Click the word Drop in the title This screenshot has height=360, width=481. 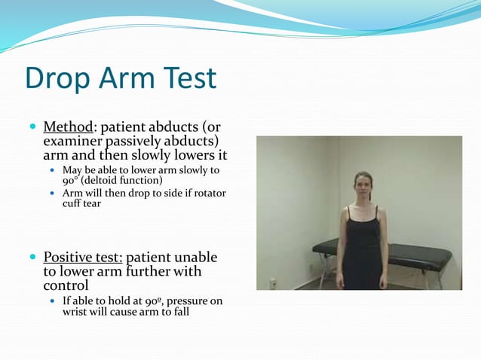pos(56,79)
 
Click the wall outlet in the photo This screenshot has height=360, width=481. pos(273,283)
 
